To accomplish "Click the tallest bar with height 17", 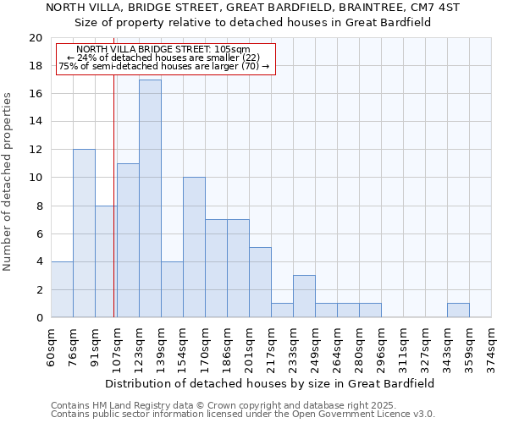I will pos(150,199).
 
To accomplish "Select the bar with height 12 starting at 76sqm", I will pos(84,233).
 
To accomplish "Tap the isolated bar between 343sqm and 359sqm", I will pos(458,310).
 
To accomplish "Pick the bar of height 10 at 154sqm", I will pos(194,247).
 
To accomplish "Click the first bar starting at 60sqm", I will pos(62,289).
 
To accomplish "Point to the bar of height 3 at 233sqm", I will pos(304,296).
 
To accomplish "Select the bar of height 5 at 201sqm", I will pos(260,283).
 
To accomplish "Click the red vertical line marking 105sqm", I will pos(113,211).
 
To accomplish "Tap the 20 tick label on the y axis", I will pos(35,38).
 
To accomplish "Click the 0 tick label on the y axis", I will pos(38,317).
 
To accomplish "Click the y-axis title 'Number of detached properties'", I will pos(8,182).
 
